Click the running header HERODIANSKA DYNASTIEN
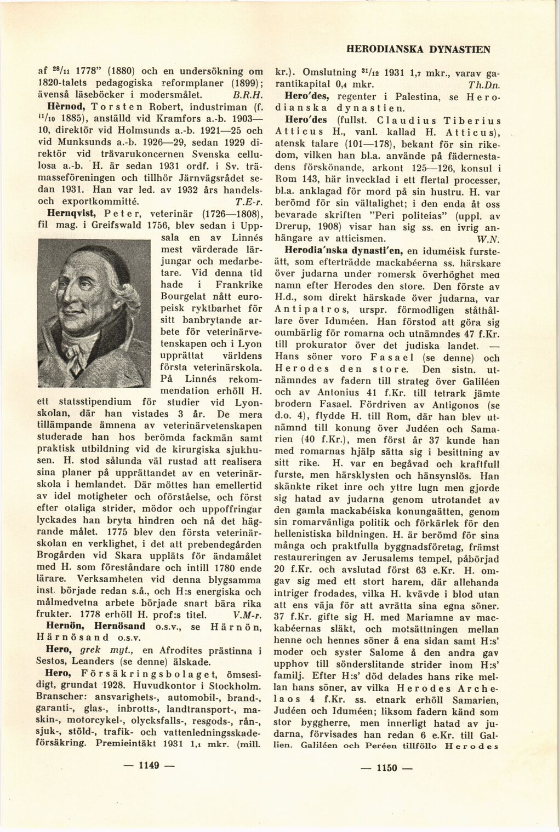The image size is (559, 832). pyautogui.click(x=418, y=49)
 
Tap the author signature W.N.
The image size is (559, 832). pyautogui.click(x=487, y=239)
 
